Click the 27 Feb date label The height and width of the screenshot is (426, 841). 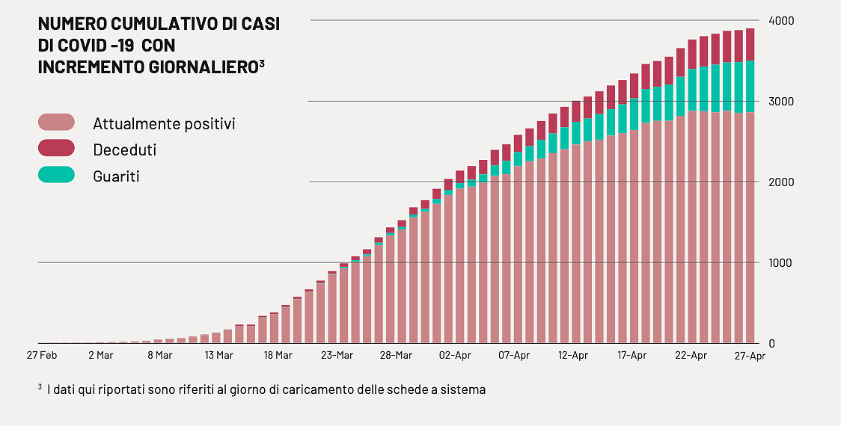coord(42,356)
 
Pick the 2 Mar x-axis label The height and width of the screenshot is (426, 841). coord(100,356)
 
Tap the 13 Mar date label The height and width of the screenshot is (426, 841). coord(218,356)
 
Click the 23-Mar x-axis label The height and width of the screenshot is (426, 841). coord(337,356)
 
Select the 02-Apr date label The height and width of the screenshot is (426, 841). coord(455,356)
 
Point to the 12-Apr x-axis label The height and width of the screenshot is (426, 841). coord(573,356)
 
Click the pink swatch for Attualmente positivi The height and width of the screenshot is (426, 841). coord(56,123)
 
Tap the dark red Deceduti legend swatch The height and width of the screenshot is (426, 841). coord(56,149)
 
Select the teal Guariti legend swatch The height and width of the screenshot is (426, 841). coord(56,175)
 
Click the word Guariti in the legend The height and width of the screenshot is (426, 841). coord(116,176)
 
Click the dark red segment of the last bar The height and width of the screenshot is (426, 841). coord(750,45)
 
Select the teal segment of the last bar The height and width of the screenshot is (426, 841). coord(750,87)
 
